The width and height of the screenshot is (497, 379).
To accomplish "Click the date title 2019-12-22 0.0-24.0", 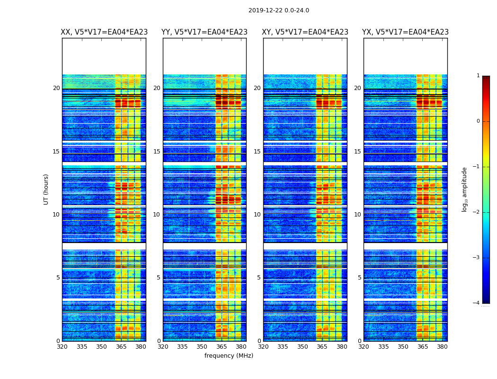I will (x=278, y=10).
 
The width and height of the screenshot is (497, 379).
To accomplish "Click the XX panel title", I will (x=104, y=32).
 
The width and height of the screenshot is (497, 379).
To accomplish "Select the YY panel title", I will (x=204, y=32).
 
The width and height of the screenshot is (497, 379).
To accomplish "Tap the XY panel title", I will (x=305, y=32).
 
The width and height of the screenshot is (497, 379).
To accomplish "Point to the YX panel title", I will (x=406, y=32).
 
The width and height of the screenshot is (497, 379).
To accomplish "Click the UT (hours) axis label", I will (x=46, y=189).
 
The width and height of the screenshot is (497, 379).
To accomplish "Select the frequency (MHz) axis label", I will (x=229, y=356).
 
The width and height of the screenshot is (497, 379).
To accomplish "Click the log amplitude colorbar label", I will (x=465, y=189).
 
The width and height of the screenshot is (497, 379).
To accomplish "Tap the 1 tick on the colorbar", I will (x=478, y=76).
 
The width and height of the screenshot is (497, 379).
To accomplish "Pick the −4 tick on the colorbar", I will (x=477, y=303).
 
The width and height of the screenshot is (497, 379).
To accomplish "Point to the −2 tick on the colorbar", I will (x=477, y=212).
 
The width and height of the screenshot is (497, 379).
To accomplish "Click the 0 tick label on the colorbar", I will (x=478, y=121).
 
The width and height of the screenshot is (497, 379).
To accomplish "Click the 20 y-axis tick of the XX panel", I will (x=56, y=88).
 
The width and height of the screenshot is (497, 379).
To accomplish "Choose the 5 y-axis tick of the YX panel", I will (x=359, y=278).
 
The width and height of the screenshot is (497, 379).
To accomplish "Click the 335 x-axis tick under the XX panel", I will (x=82, y=347).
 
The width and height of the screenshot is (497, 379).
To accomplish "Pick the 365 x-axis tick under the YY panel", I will (x=222, y=347).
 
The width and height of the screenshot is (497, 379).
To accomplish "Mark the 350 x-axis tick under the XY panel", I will (x=302, y=347).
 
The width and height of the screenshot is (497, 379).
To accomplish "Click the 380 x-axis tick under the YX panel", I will (x=442, y=347).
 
